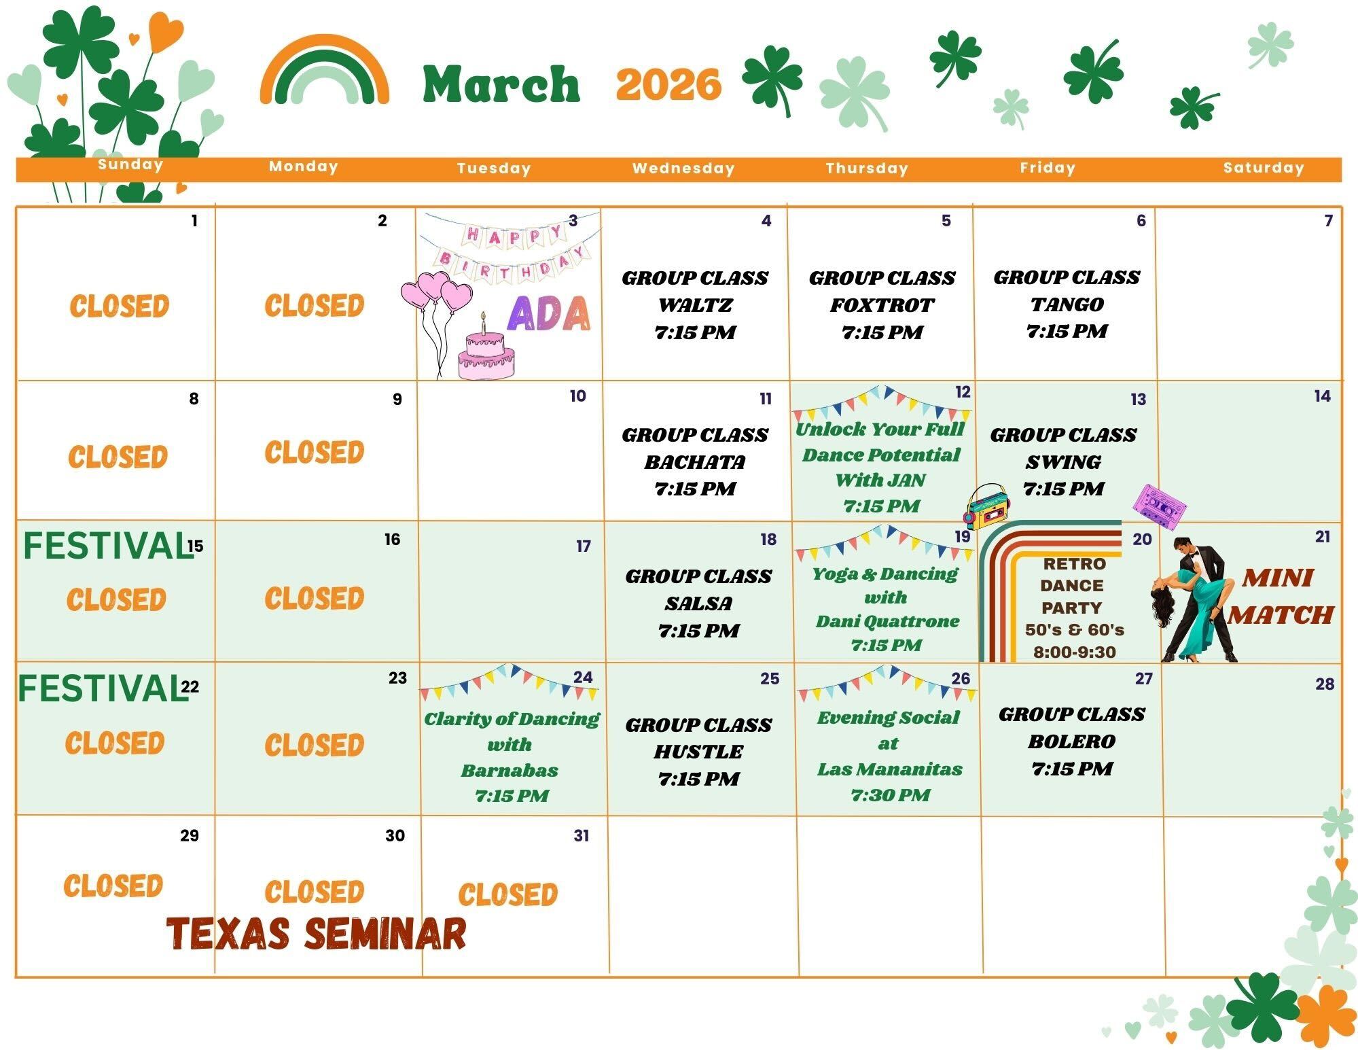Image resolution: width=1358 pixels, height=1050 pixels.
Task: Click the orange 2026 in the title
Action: [668, 85]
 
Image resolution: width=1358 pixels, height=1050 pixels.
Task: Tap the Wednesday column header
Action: [683, 169]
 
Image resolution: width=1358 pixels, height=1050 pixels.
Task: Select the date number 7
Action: [1328, 220]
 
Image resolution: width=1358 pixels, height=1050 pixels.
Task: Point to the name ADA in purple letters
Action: [549, 313]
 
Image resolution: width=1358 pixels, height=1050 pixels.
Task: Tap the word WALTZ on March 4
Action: [695, 305]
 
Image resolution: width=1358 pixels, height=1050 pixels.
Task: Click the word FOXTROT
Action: [882, 305]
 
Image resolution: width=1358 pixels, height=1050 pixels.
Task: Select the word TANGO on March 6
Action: [1067, 304]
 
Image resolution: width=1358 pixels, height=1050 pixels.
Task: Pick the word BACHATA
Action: [695, 461]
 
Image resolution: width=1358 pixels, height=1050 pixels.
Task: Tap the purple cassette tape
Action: [1160, 506]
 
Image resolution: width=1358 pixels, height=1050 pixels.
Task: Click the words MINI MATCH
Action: [1280, 596]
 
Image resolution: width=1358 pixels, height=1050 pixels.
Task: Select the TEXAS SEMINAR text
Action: [317, 933]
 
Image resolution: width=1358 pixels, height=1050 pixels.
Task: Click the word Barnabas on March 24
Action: [510, 770]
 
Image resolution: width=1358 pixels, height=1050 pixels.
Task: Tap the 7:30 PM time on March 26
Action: [890, 794]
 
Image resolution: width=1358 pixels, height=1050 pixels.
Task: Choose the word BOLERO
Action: [1071, 741]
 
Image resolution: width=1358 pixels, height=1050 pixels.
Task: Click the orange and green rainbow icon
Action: [325, 69]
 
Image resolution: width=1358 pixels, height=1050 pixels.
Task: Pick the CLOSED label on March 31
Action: [508, 894]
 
